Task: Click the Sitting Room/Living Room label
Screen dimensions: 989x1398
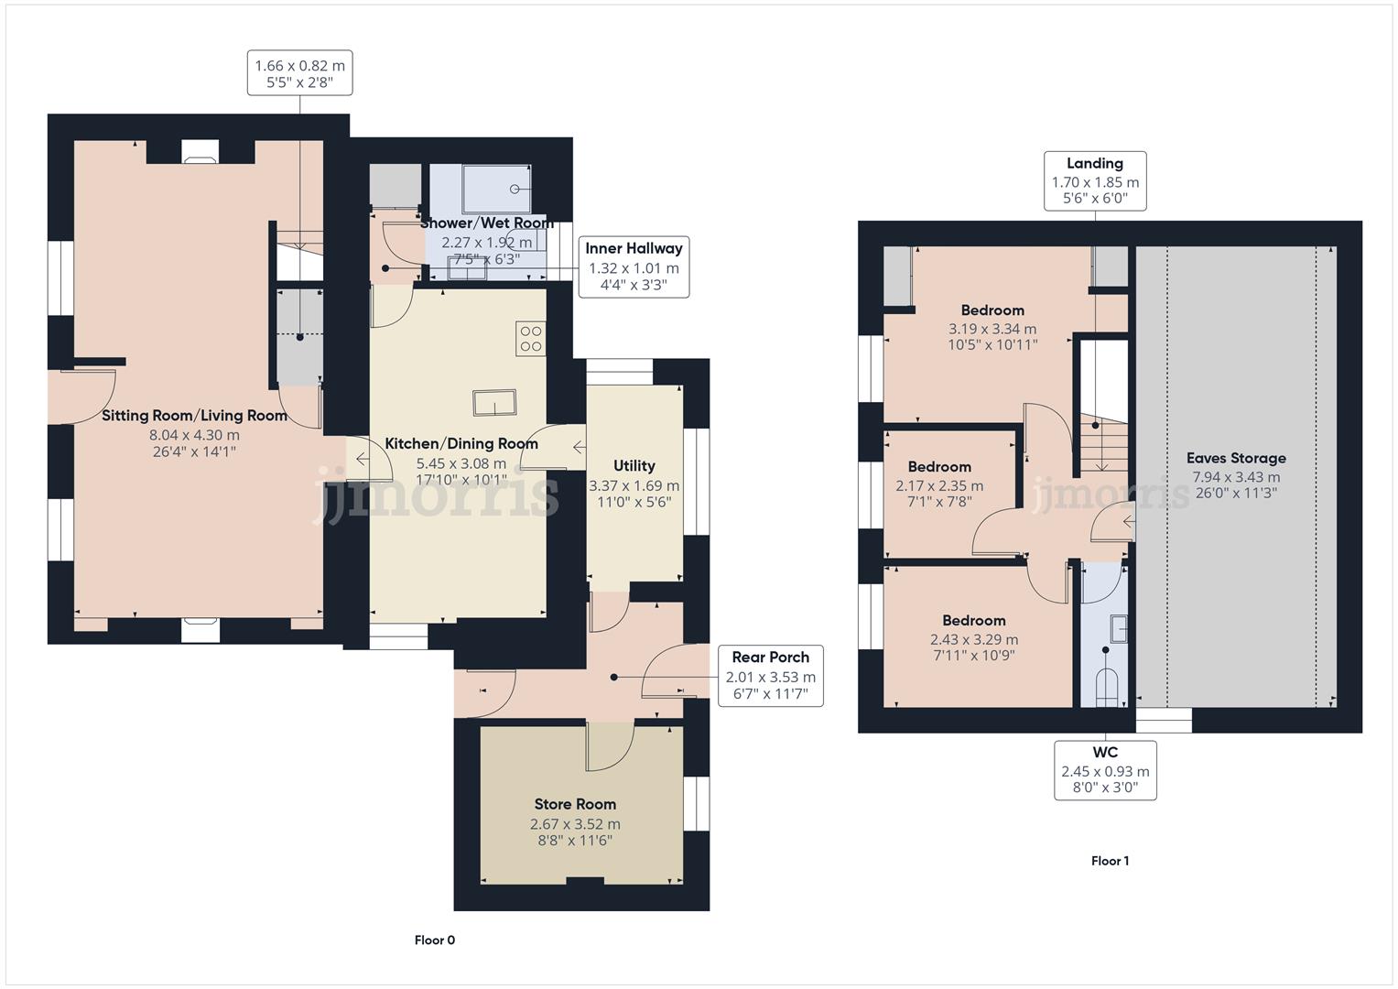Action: (x=194, y=416)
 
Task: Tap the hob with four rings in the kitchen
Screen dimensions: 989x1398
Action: (x=531, y=338)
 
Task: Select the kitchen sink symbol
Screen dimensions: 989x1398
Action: (x=494, y=402)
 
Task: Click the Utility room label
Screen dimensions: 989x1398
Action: (x=634, y=465)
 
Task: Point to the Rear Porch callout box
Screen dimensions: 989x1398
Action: (x=770, y=676)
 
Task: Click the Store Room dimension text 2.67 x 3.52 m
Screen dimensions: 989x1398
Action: (x=575, y=823)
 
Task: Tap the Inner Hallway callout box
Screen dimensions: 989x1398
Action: (x=634, y=266)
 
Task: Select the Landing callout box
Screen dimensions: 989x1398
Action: (x=1095, y=180)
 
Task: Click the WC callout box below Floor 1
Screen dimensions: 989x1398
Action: (x=1105, y=770)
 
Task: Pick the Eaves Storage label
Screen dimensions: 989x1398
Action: (x=1236, y=458)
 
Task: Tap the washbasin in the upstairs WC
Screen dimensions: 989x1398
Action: (x=1118, y=629)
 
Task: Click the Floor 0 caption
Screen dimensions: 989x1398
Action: (x=434, y=940)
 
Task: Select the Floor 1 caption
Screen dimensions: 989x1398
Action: (x=1110, y=861)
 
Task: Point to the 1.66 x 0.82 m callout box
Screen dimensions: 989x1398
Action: (x=300, y=73)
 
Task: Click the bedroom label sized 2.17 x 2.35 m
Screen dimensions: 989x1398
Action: (x=939, y=467)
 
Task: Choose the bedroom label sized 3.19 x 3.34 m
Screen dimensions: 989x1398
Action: (x=992, y=310)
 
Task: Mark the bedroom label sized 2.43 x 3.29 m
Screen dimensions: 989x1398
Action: (x=974, y=621)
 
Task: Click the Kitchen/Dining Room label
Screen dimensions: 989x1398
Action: (x=461, y=444)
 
